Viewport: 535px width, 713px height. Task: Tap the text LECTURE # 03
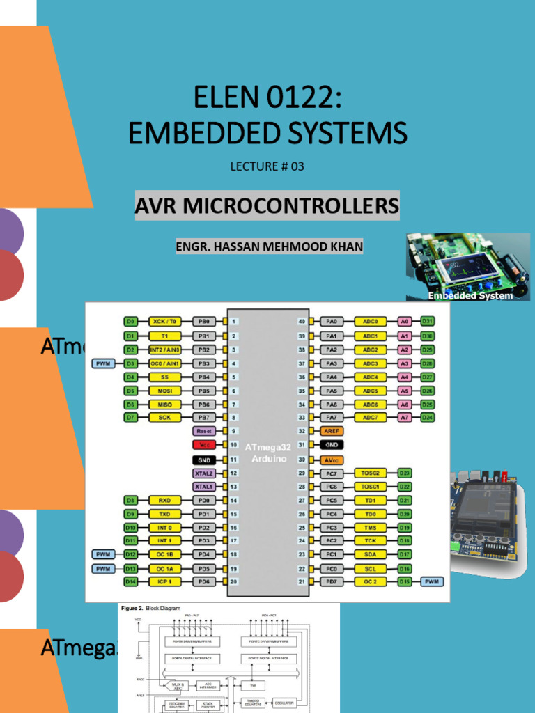point(267,166)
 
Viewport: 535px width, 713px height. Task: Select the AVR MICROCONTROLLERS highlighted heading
point(267,206)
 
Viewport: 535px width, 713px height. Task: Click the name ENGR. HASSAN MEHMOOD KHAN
point(269,247)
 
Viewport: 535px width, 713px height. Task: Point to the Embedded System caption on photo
point(470,295)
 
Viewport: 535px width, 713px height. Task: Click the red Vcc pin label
point(204,444)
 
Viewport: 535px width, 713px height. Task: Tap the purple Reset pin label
point(204,431)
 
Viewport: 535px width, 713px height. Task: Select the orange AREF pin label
point(332,431)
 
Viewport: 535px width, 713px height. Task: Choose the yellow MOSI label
point(164,391)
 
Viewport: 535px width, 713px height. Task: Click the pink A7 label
point(404,417)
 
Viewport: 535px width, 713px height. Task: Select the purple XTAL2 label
point(204,473)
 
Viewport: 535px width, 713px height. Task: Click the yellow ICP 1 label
point(164,581)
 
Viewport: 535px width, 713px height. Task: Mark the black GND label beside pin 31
point(332,444)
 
